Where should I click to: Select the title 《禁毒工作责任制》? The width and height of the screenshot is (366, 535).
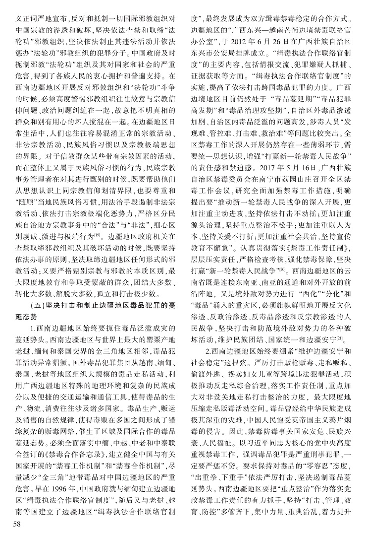click(315, 247)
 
